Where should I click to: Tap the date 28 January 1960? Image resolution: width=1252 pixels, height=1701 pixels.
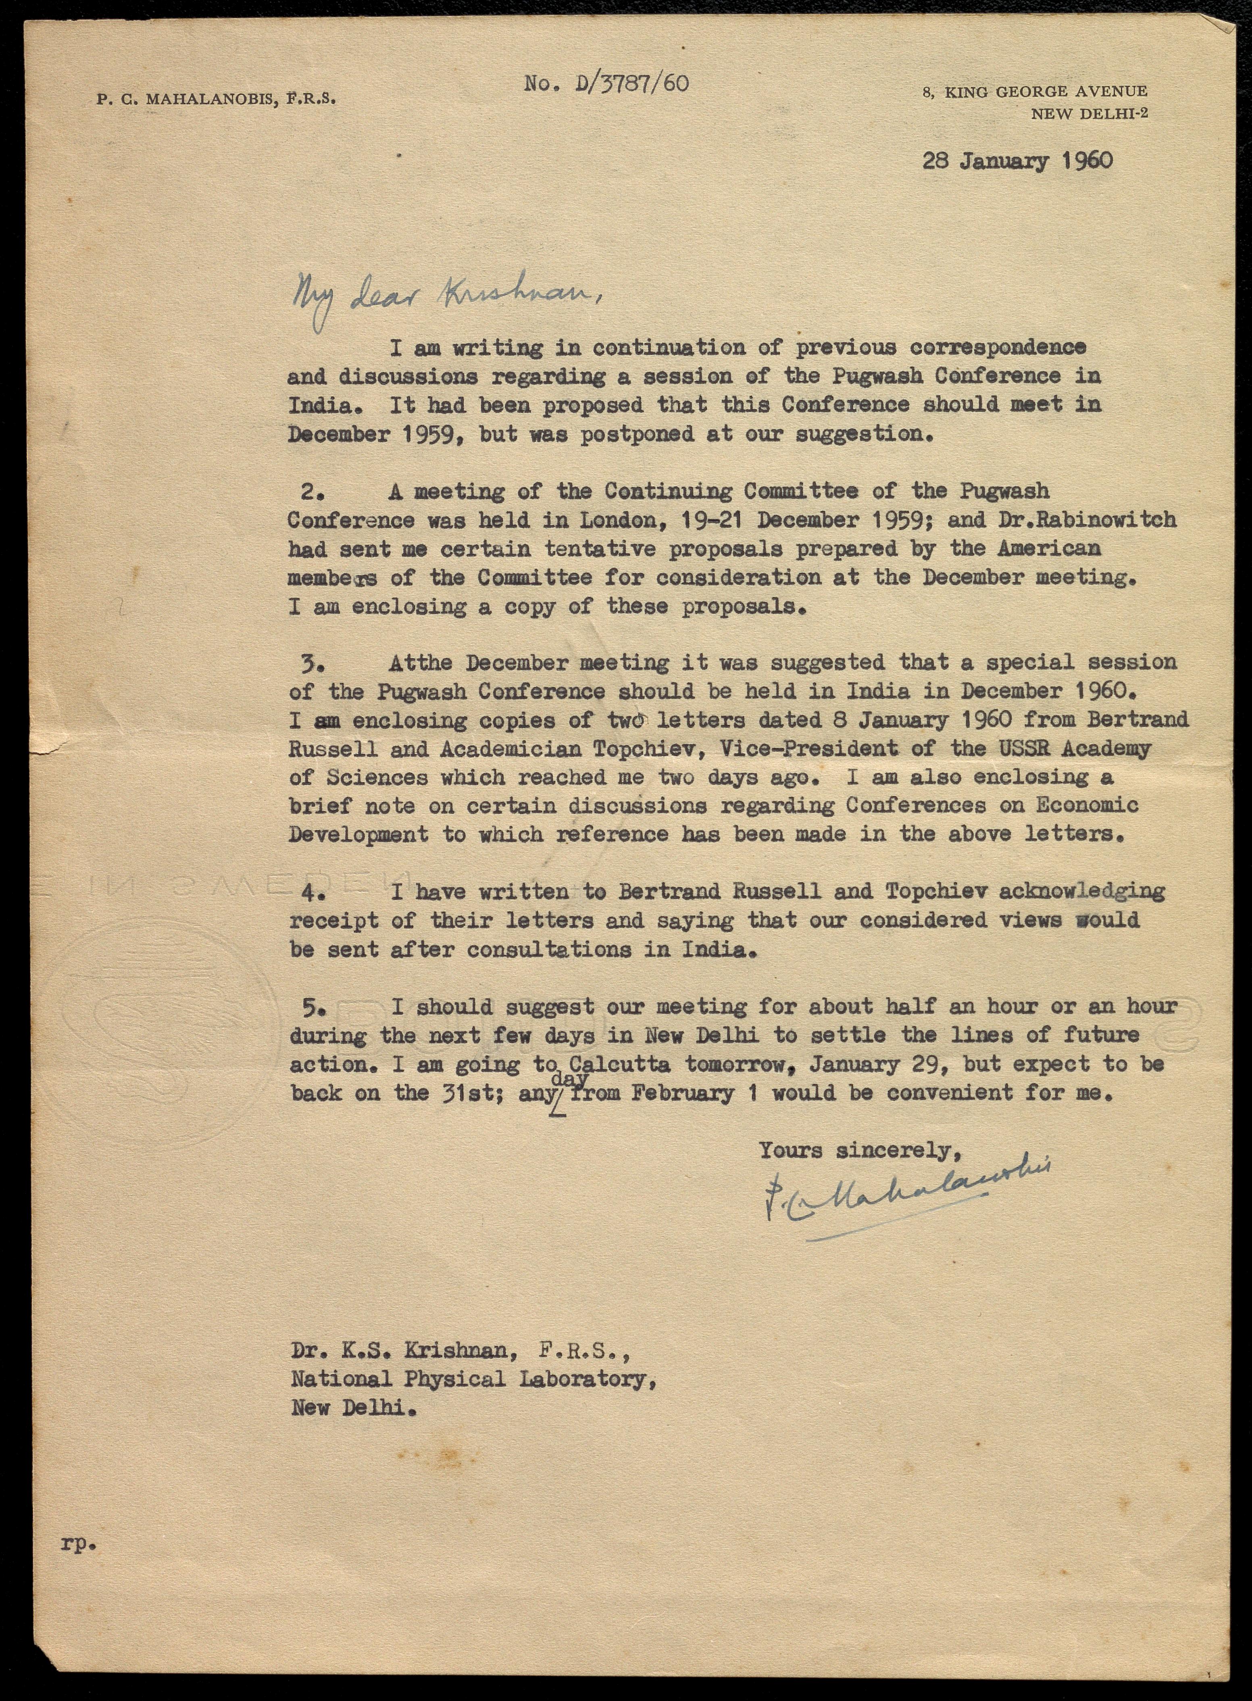1017,161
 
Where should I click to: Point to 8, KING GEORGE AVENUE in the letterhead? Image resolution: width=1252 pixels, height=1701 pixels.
1035,92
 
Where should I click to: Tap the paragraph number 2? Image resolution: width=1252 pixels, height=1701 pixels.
311,491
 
